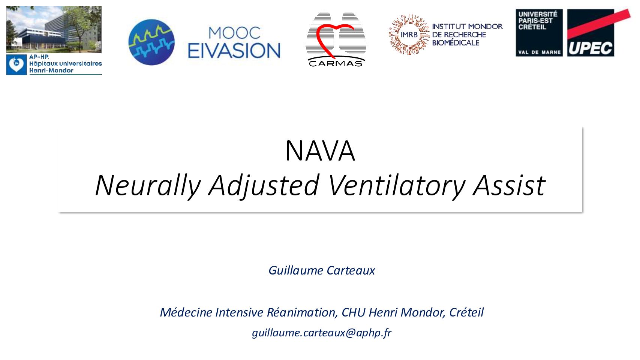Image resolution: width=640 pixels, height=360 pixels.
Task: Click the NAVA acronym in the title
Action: point(320,151)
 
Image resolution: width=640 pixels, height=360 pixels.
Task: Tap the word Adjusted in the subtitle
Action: point(264,185)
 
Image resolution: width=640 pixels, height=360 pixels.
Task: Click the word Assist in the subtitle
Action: point(510,185)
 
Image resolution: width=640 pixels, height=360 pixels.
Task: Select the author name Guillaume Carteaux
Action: point(322,270)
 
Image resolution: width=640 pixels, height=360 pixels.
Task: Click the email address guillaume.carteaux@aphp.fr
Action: point(322,333)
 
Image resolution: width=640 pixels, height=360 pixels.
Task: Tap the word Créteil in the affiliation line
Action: point(466,312)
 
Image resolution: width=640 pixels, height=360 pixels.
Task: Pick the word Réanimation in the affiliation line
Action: point(301,312)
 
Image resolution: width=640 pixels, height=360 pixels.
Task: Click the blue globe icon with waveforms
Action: point(151,42)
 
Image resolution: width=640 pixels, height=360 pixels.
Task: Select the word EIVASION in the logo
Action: point(234,51)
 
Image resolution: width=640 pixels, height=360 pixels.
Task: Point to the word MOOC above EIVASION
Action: point(234,33)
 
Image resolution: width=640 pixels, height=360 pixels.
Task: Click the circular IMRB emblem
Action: point(409,34)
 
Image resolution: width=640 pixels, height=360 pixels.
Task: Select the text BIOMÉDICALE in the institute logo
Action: point(456,43)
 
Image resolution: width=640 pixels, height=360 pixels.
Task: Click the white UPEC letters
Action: point(590,48)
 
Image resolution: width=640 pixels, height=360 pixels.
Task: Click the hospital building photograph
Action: point(54,29)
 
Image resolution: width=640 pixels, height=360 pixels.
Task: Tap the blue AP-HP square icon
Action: point(16,65)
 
